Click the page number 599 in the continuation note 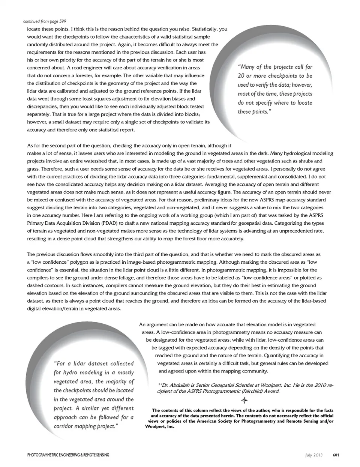(63, 21)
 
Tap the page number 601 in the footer (336, 455)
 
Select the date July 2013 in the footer (314, 455)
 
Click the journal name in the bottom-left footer (68, 455)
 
